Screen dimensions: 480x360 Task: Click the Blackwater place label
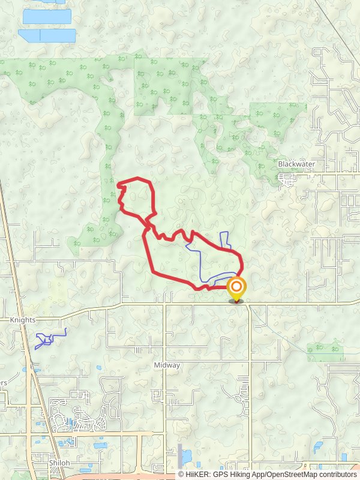pos(296,164)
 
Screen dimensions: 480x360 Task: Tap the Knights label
pos(23,320)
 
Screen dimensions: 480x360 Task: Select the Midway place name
pos(167,365)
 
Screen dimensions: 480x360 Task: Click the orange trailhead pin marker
pos(236,289)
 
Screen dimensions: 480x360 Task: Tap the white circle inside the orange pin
pos(236,286)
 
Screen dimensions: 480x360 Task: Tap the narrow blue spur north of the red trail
pos(225,239)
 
